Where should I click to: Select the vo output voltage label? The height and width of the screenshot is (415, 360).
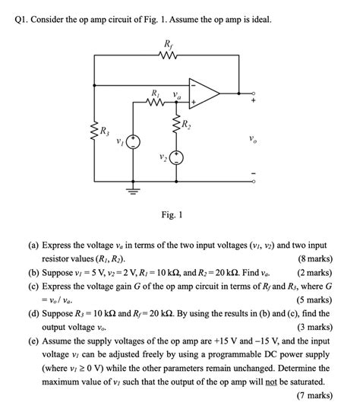click(x=251, y=139)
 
